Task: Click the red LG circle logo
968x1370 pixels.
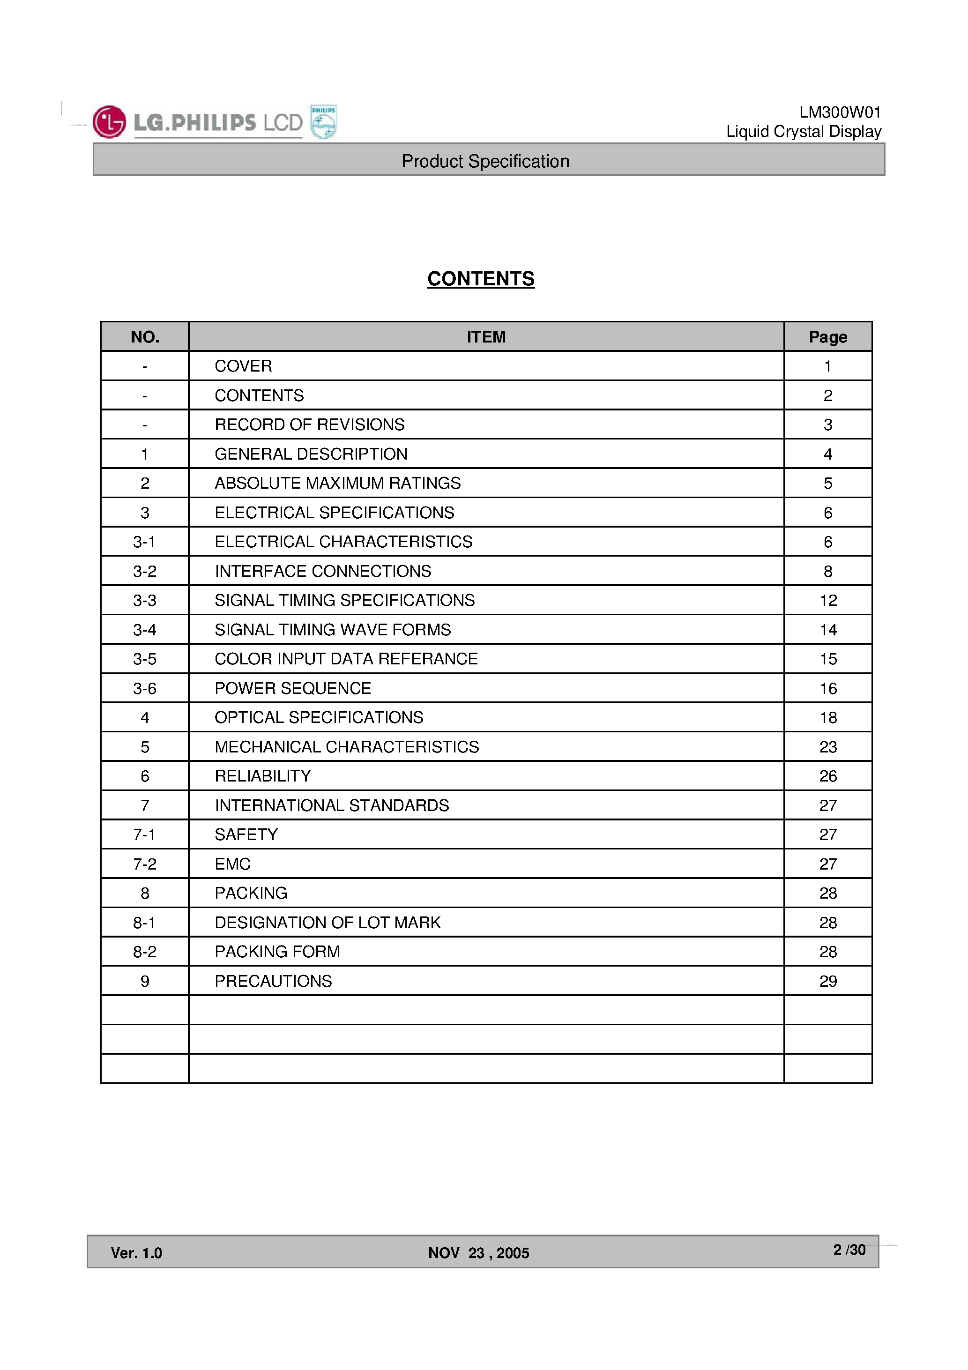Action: (109, 122)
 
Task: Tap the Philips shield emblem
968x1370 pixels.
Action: (323, 122)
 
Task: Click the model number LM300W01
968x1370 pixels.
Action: (840, 112)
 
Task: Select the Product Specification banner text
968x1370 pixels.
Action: (485, 161)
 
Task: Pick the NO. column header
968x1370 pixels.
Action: (145, 337)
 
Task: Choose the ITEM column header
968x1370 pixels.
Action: (486, 337)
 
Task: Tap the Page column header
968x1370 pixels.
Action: (828, 337)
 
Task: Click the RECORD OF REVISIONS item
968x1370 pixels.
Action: (309, 425)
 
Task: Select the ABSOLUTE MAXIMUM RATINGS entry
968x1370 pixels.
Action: (337, 484)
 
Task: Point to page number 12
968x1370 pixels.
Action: (828, 600)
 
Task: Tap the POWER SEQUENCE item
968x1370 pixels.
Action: (292, 689)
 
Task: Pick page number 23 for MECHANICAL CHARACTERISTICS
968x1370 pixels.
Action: (828, 747)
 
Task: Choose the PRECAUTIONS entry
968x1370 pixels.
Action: (273, 982)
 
